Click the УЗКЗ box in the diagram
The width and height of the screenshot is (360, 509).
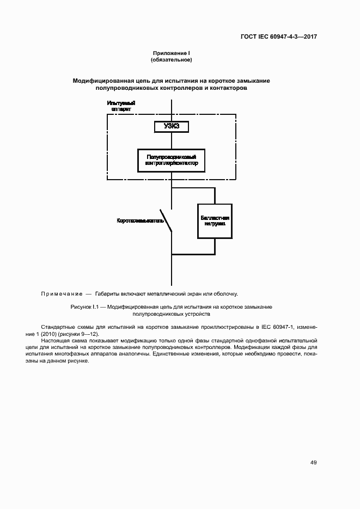[x=172, y=126]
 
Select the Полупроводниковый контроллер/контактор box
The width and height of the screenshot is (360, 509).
[x=172, y=160]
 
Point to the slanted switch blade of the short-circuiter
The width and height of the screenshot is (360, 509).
[x=167, y=221]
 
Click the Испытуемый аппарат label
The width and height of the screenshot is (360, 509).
[x=121, y=106]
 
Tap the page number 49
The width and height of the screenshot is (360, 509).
[x=313, y=463]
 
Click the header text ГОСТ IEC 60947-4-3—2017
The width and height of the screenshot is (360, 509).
[x=279, y=37]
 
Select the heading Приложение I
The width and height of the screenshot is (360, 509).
[x=171, y=53]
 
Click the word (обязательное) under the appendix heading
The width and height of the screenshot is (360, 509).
[x=171, y=59]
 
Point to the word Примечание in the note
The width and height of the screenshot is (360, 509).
[x=61, y=294]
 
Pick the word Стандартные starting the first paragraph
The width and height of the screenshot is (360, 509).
[x=57, y=327]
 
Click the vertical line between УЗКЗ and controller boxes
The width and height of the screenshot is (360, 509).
[x=172, y=140]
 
